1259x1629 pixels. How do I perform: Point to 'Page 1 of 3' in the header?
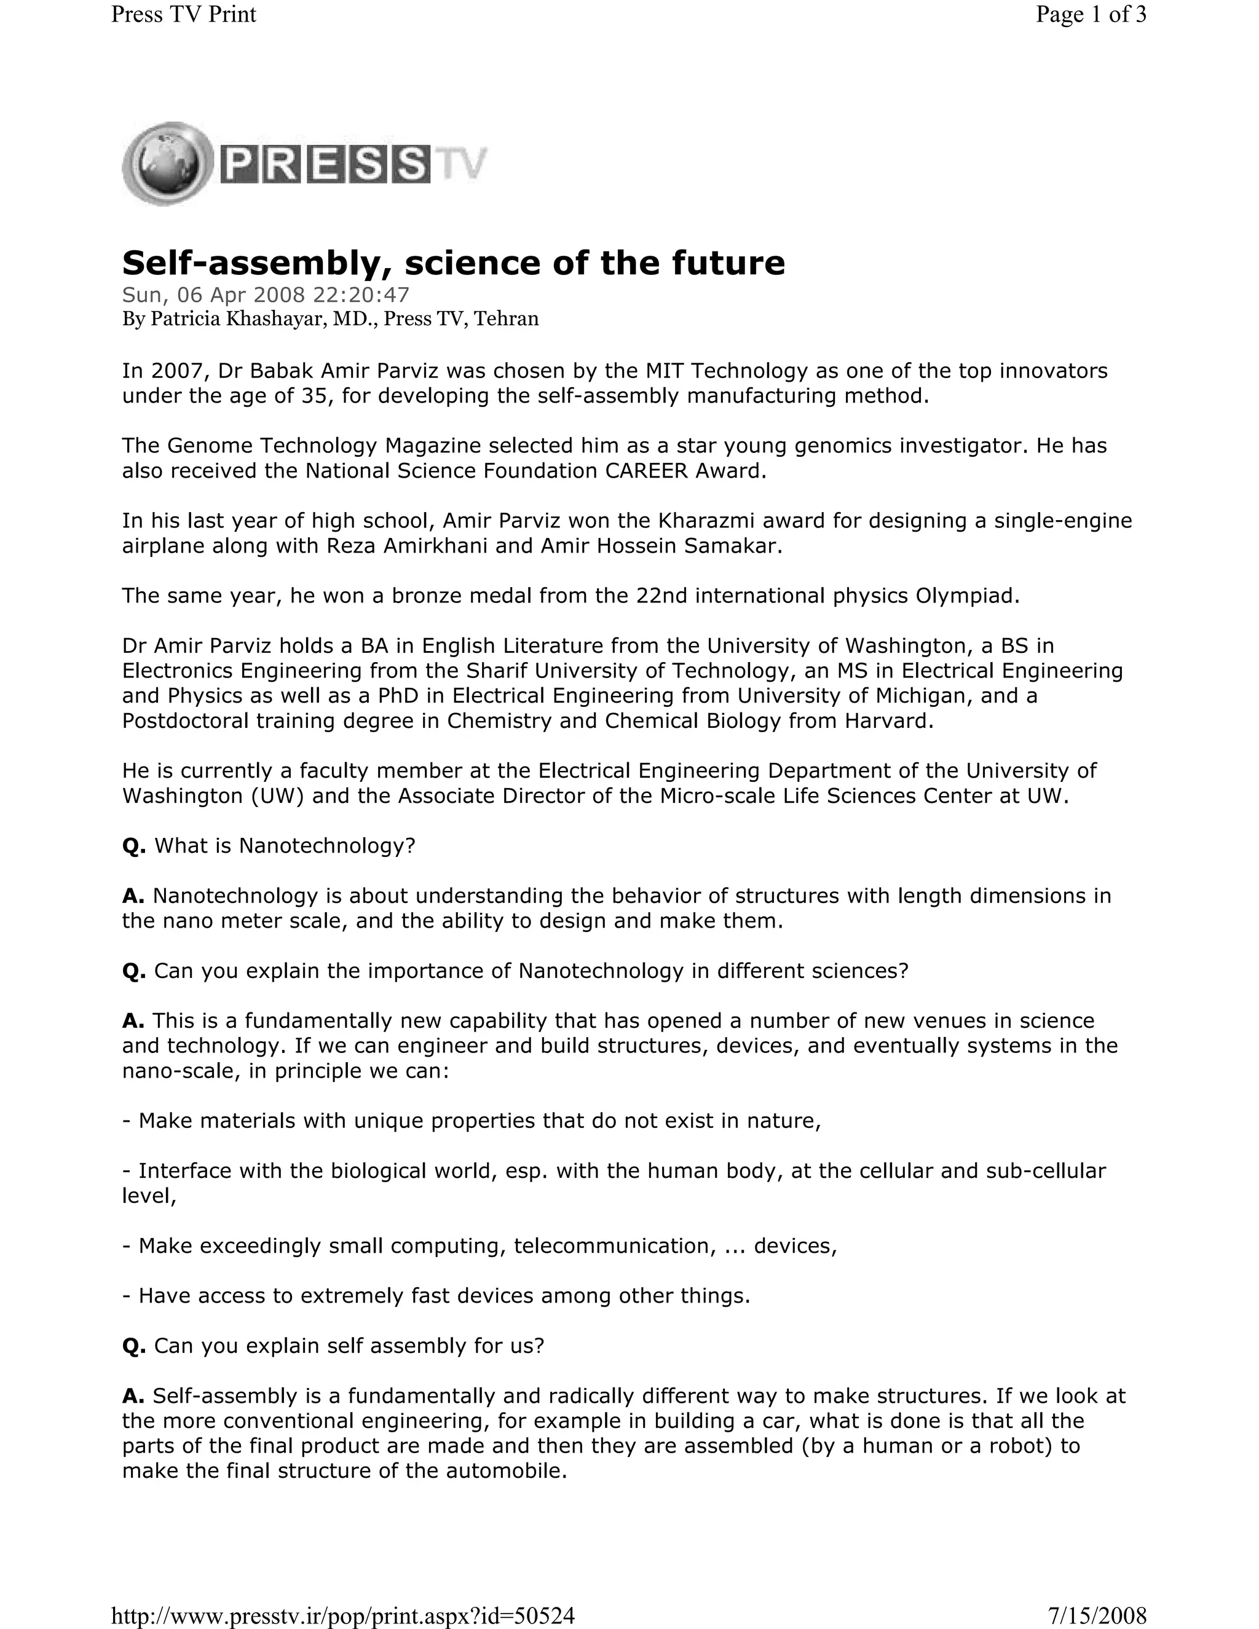1091,14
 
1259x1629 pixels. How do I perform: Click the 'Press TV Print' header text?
183,14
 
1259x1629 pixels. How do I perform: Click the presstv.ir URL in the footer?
343,1615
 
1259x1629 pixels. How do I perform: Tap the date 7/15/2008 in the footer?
1097,1615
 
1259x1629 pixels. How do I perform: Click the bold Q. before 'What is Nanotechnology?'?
134,846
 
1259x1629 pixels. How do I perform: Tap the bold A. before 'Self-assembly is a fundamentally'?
133,1395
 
